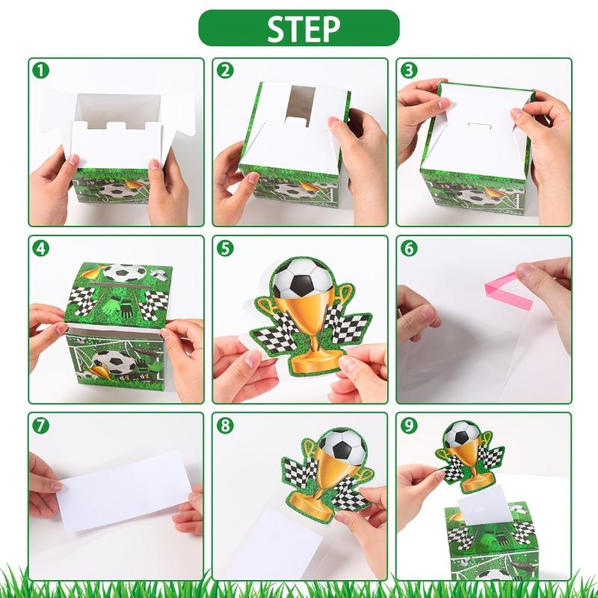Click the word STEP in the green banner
pyautogui.click(x=303, y=28)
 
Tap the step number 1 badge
pyautogui.click(x=41, y=70)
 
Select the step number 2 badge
pyautogui.click(x=225, y=70)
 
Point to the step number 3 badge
pyautogui.click(x=409, y=70)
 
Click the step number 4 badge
pyautogui.click(x=41, y=249)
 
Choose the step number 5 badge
pyautogui.click(x=225, y=249)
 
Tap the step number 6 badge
pyautogui.click(x=409, y=249)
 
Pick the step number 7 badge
pyautogui.click(x=41, y=425)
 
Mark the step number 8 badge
pyautogui.click(x=225, y=425)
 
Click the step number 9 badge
pyautogui.click(x=409, y=425)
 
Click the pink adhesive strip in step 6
pyautogui.click(x=508, y=292)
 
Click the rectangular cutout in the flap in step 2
pyautogui.click(x=300, y=105)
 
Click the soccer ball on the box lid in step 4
pyautogui.click(x=125, y=273)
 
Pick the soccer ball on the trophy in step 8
pyautogui.click(x=343, y=446)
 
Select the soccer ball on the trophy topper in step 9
pyautogui.click(x=462, y=434)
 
